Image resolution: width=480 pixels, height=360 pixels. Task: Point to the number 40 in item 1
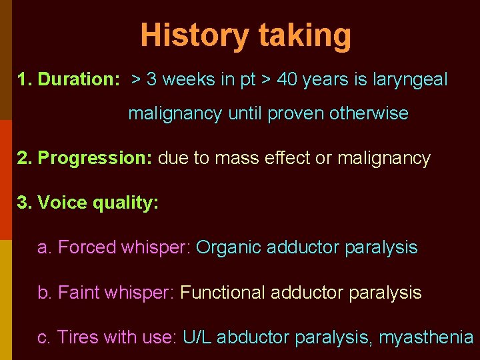click(x=287, y=80)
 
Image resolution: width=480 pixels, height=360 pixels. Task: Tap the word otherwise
click(x=369, y=113)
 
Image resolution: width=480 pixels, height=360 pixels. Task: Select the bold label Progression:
click(x=95, y=159)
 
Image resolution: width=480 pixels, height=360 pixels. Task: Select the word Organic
click(x=229, y=247)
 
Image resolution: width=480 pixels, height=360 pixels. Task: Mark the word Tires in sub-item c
click(x=77, y=337)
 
